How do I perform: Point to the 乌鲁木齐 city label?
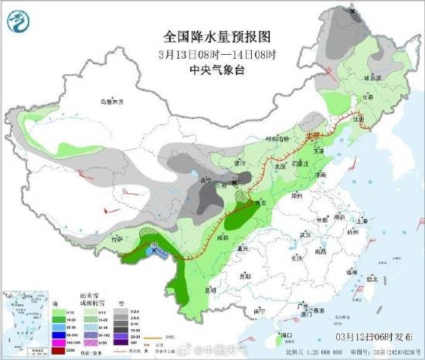110,101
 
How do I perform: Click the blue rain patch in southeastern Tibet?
153,251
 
